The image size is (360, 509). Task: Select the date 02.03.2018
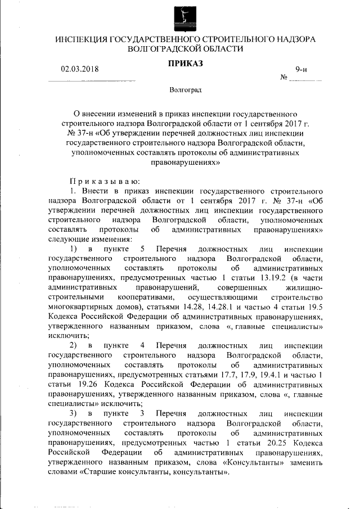click(x=79, y=69)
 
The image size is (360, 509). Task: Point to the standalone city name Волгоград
click(x=186, y=90)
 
